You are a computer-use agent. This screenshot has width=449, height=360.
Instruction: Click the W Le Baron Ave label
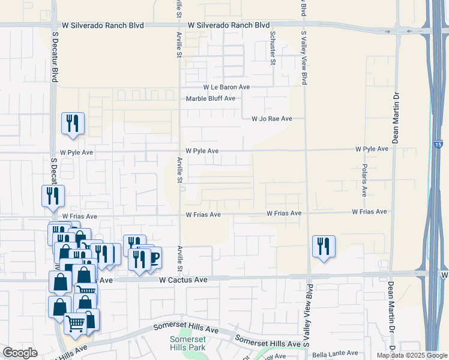pyautogui.click(x=226, y=88)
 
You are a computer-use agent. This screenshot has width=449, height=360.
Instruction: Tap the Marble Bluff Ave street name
pyautogui.click(x=210, y=99)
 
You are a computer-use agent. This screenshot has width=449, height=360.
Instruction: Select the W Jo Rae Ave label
pyautogui.click(x=271, y=119)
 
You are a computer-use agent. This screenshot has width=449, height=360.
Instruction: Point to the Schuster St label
pyautogui.click(x=273, y=49)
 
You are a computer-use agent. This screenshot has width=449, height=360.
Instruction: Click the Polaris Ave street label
pyautogui.click(x=364, y=179)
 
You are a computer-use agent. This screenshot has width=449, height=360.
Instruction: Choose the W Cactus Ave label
pyautogui.click(x=183, y=280)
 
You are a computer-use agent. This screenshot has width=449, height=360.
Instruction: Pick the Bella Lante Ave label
pyautogui.click(x=335, y=354)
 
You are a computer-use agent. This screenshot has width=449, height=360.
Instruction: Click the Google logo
pyautogui.click(x=20, y=353)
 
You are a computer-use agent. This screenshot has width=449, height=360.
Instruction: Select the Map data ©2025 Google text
pyautogui.click(x=411, y=355)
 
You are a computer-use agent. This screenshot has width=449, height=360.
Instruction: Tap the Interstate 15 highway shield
pyautogui.click(x=438, y=145)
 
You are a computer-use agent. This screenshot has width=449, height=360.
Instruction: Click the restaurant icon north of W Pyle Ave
pyautogui.click(x=73, y=124)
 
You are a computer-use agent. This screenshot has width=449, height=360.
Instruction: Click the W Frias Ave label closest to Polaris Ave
pyautogui.click(x=368, y=212)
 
